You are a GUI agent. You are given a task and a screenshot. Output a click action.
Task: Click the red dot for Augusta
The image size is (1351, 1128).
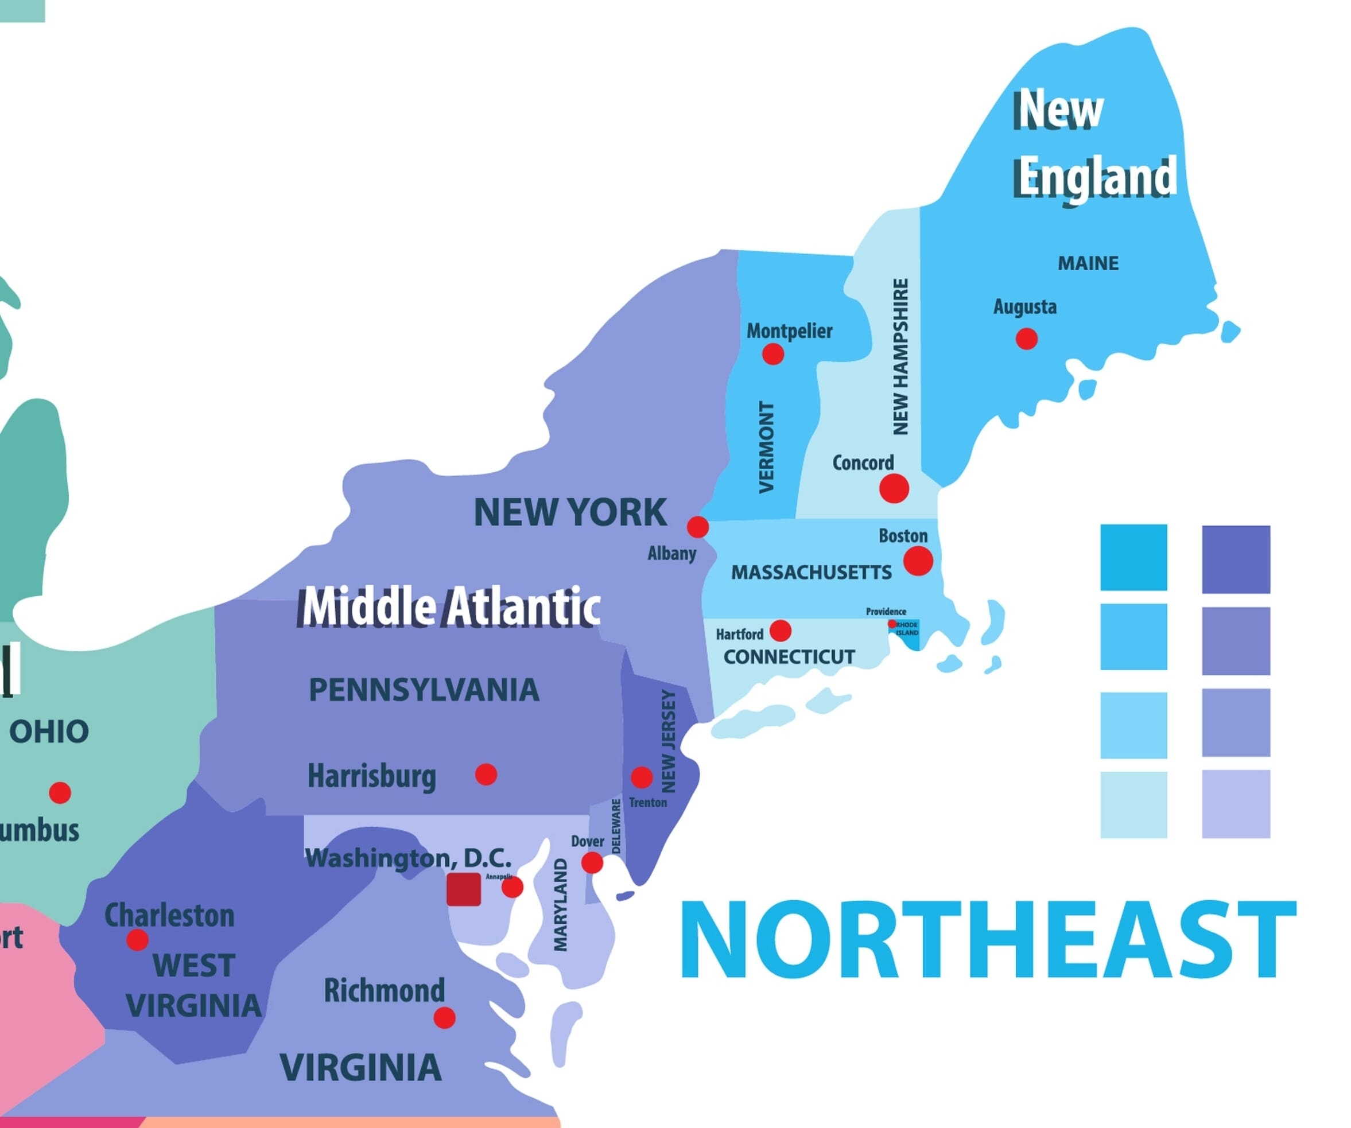1026,339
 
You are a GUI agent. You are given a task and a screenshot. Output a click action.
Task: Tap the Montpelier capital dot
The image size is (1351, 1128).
772,353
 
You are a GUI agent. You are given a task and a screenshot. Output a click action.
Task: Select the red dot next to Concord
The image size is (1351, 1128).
894,488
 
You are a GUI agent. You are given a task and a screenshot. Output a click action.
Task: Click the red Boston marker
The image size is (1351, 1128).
918,560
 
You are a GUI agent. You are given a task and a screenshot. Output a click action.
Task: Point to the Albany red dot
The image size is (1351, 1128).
698,527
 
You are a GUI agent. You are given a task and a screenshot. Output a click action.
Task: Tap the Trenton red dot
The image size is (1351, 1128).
642,777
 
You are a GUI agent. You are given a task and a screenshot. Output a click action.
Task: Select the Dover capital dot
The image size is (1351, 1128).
592,862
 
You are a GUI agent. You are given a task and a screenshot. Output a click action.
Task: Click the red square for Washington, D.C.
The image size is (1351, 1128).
464,889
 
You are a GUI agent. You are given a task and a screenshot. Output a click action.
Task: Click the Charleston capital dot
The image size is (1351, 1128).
137,940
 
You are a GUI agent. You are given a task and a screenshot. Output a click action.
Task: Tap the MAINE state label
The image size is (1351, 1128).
1088,263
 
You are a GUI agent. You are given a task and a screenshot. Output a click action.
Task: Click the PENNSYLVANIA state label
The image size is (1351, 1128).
424,690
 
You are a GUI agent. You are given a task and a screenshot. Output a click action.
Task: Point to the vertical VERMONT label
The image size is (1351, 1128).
766,447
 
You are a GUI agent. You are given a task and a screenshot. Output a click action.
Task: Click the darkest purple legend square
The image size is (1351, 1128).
1236,559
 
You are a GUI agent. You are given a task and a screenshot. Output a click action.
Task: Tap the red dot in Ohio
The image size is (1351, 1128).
60,792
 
